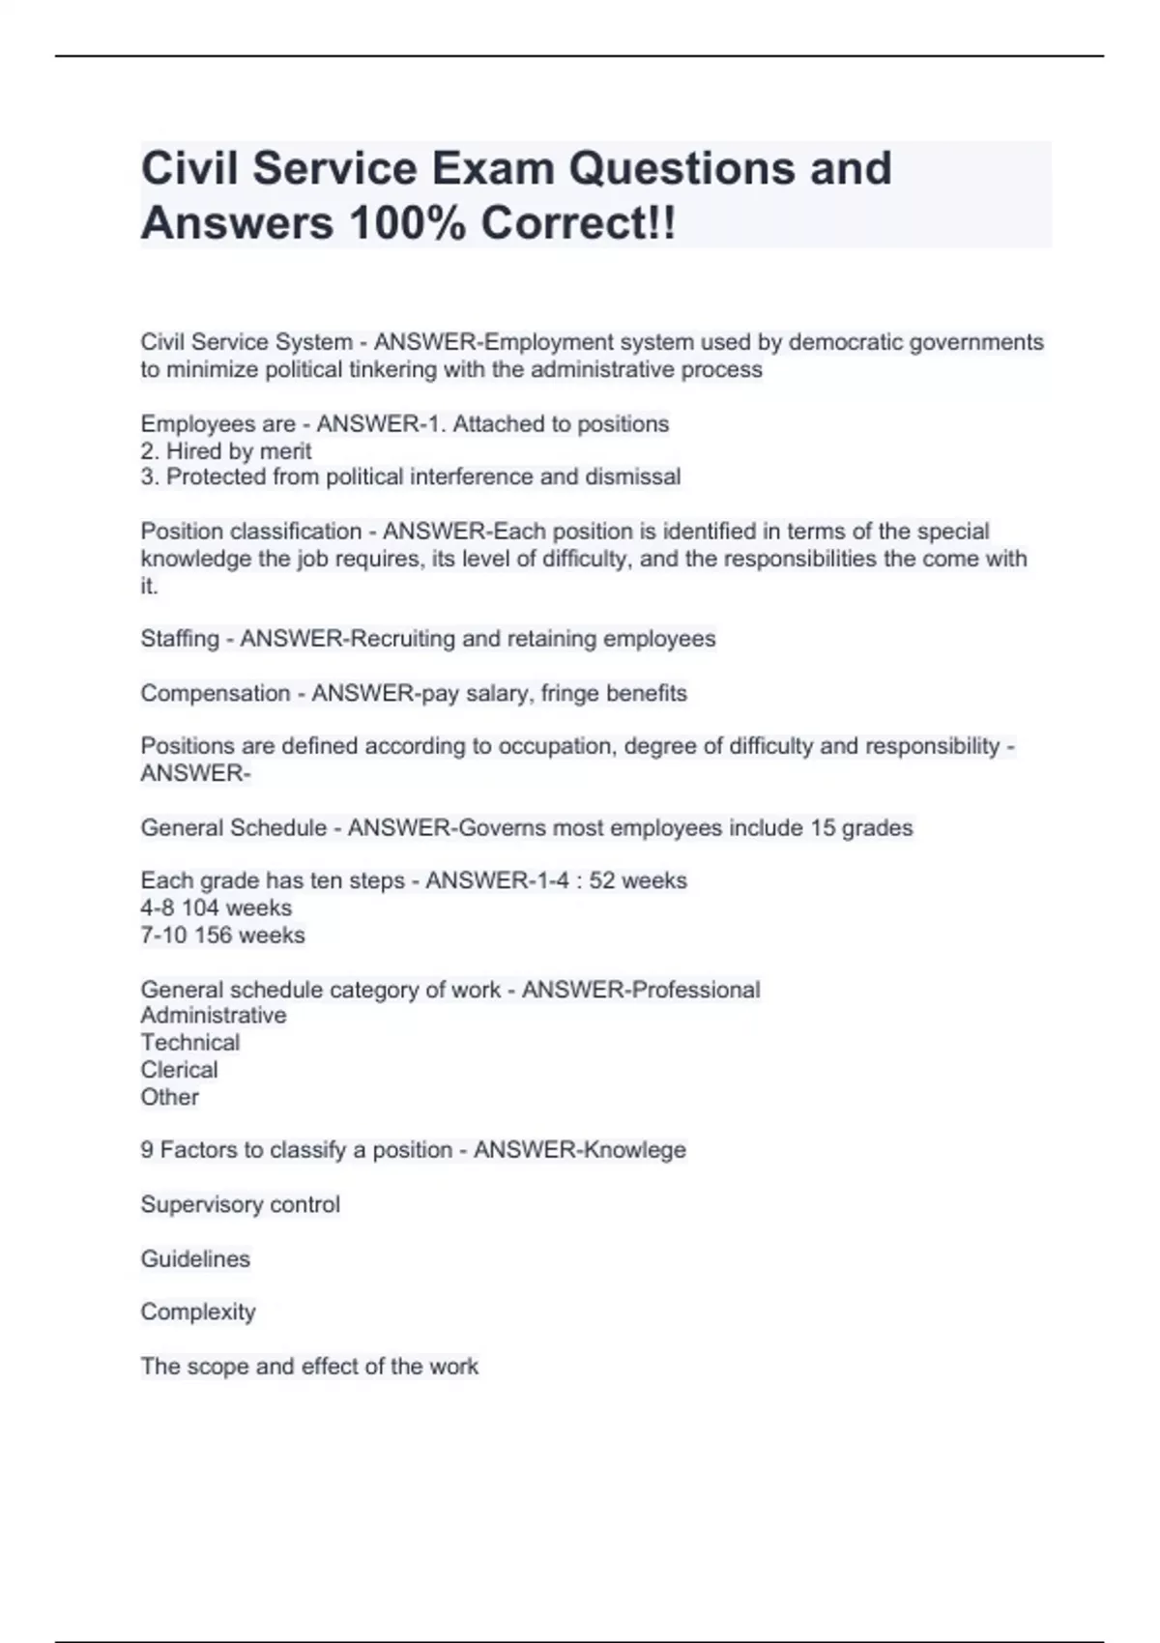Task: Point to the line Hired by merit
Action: coord(226,451)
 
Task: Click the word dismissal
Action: coord(632,477)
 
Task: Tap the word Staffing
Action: coord(180,640)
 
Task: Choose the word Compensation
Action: coord(215,694)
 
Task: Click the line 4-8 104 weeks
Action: coord(216,908)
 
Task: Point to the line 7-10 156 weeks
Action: coord(222,936)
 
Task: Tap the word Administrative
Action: coord(214,1016)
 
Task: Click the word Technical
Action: coord(189,1043)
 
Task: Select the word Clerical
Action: coord(179,1070)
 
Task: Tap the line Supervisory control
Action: coord(240,1205)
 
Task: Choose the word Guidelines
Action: coord(195,1259)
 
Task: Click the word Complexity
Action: coord(198,1312)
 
